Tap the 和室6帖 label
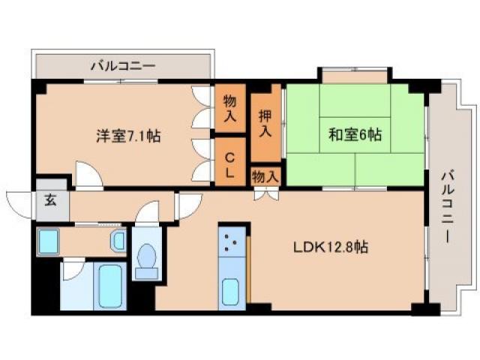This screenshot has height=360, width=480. coord(355,135)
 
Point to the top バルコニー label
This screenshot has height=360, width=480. coord(123,66)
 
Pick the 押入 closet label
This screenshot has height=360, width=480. coord(265,124)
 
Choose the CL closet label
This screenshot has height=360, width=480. coord(230,165)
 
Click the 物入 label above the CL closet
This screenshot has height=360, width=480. coord(230,109)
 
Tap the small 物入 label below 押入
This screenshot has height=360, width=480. coord(265,176)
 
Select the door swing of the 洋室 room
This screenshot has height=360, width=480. coord(88,177)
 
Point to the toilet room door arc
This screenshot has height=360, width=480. coord(148,213)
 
